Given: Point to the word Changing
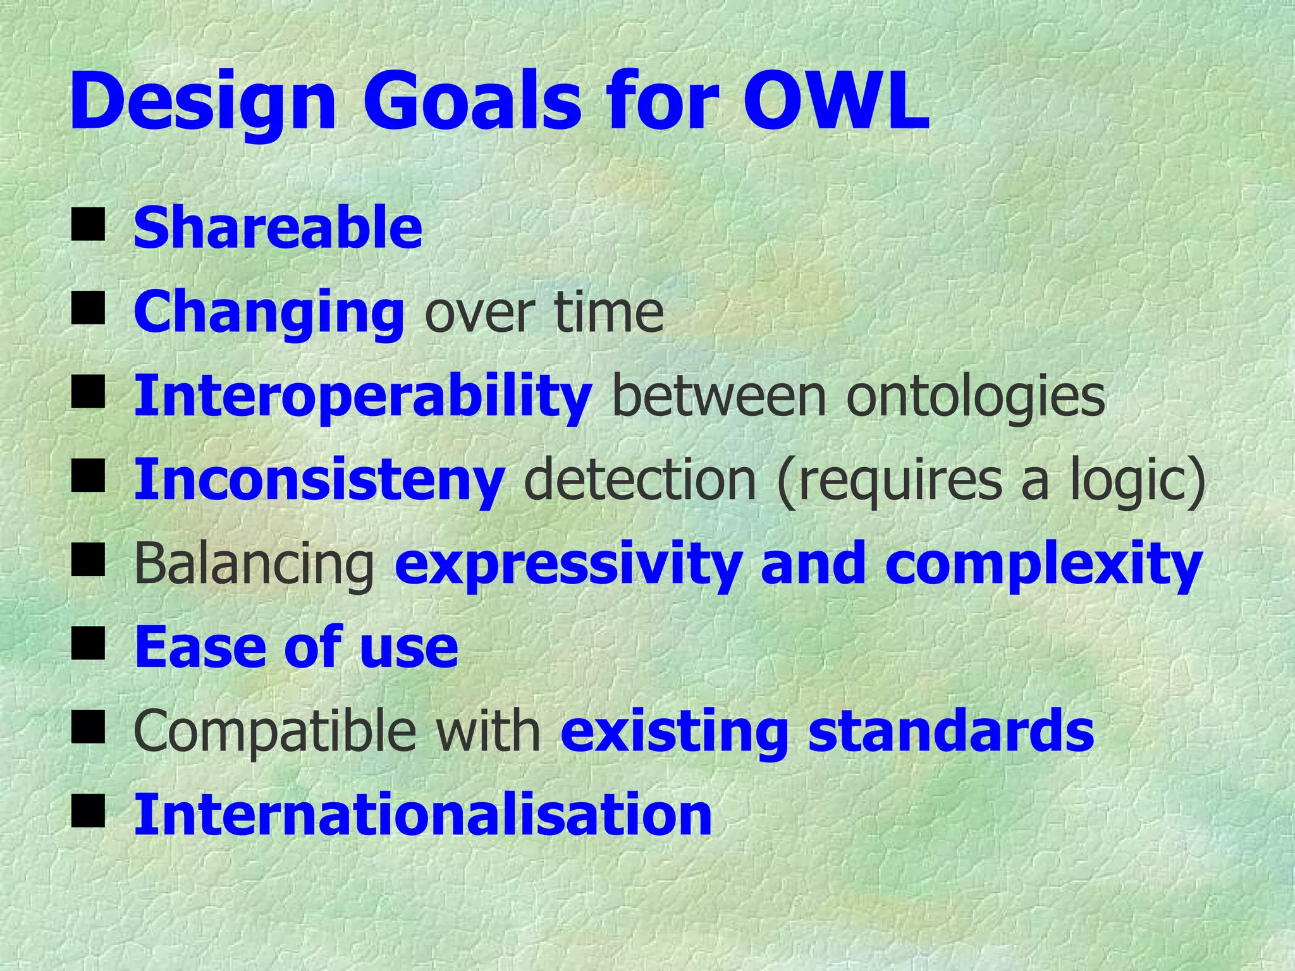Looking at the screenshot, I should click(x=269, y=313).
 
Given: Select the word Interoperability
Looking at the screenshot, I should click(x=363, y=396).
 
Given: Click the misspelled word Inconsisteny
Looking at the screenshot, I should click(x=319, y=480).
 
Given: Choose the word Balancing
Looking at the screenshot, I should click(x=255, y=565).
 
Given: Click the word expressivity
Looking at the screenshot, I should click(x=568, y=565).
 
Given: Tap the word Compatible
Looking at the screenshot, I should click(x=275, y=731).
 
